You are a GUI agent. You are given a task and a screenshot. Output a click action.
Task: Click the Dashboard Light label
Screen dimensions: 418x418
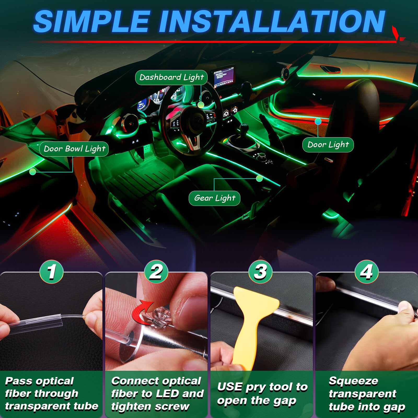(171, 77)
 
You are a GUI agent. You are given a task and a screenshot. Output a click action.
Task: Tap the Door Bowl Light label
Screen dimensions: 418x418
(74, 149)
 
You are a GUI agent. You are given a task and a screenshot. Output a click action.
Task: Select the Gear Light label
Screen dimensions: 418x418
(214, 198)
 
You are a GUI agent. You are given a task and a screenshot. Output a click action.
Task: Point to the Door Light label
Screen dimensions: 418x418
(328, 145)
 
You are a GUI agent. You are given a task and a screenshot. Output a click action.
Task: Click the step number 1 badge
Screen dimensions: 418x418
(51, 272)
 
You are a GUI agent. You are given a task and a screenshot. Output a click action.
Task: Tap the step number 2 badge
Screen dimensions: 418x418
(156, 272)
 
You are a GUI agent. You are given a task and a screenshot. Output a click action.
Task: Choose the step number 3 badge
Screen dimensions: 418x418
(260, 272)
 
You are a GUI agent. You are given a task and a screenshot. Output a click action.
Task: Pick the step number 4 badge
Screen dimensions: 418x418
(367, 272)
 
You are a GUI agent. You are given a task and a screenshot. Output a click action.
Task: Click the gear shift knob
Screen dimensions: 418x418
(244, 128)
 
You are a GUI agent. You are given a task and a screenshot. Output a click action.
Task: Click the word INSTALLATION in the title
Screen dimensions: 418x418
(272, 22)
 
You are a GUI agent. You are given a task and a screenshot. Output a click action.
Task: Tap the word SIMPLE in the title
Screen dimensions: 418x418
(91, 22)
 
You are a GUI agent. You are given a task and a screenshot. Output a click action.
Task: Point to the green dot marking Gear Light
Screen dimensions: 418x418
(259, 178)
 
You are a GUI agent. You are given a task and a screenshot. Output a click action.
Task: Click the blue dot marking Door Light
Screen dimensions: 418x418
(318, 121)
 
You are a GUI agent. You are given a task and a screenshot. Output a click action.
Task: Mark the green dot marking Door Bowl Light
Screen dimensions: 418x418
(33, 172)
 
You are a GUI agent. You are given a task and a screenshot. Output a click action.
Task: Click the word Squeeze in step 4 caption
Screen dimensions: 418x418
(353, 381)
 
